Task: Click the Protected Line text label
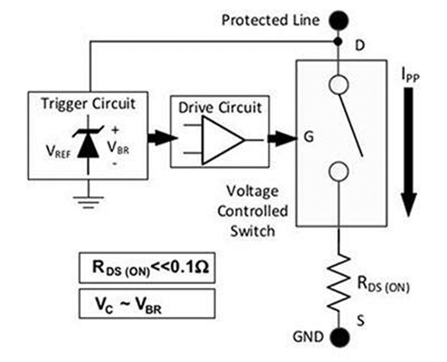pyautogui.click(x=271, y=21)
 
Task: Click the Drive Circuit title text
pyautogui.click(x=220, y=108)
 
